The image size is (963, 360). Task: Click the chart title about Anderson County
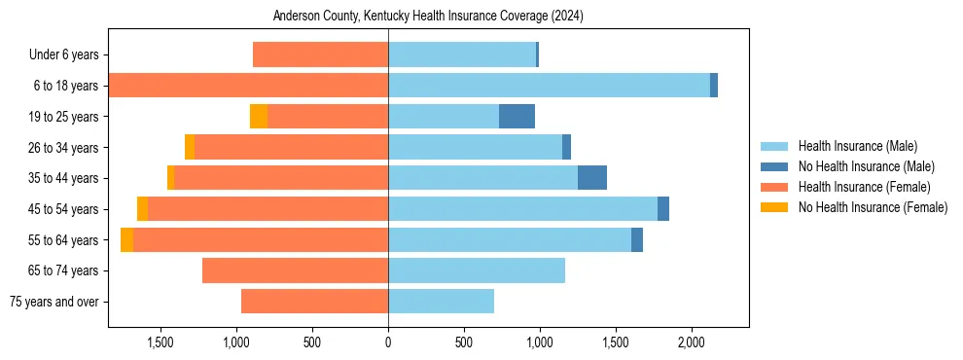tap(428, 17)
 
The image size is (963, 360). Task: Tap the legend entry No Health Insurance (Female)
tap(873, 207)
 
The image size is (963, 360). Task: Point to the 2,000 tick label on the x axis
tap(691, 342)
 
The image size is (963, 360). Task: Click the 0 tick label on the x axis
tap(388, 342)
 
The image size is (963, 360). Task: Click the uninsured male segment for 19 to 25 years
tap(517, 117)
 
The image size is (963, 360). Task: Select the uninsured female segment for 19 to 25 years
tap(259, 117)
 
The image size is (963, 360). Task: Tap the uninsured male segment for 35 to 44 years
tap(592, 178)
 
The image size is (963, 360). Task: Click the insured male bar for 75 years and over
tap(441, 302)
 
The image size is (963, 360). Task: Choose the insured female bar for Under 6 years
tap(321, 54)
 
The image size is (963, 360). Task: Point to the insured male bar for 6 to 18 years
tap(549, 86)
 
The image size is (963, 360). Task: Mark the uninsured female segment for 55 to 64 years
tap(127, 240)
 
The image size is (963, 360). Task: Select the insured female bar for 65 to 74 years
tap(296, 270)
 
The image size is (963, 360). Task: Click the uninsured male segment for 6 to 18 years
tap(714, 86)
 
